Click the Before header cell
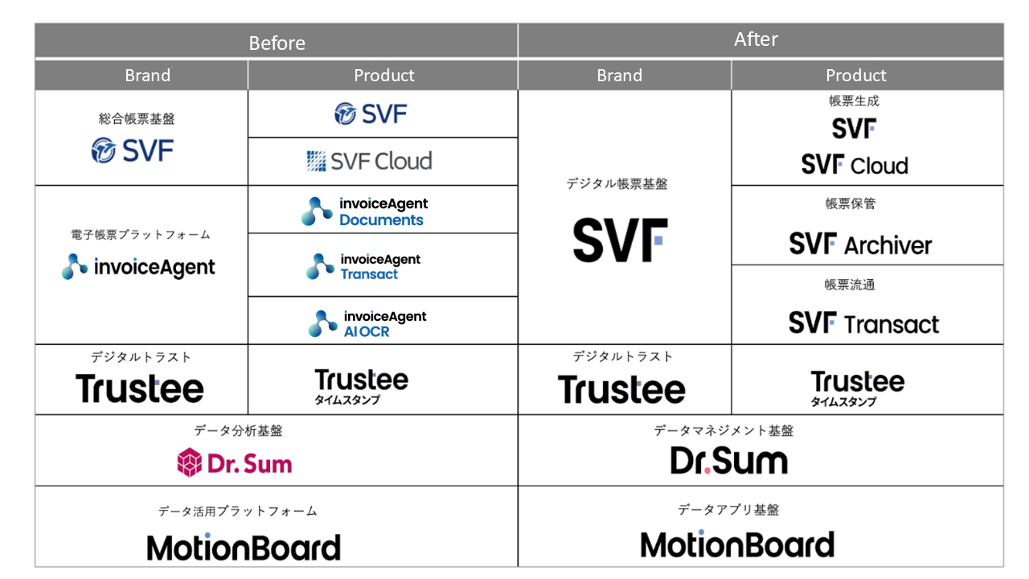(277, 41)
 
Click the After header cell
(760, 41)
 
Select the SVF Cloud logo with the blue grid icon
(369, 162)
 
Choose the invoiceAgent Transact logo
(363, 266)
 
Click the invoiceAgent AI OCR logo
(367, 323)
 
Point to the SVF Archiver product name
(860, 244)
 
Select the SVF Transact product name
(863, 323)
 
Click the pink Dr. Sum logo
(234, 462)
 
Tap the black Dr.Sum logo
(729, 461)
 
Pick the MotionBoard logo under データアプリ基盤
(737, 544)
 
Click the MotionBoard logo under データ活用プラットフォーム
(244, 547)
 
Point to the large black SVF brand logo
(620, 240)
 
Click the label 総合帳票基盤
(137, 119)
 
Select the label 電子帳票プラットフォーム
(141, 235)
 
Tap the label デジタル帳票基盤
(617, 184)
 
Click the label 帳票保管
(851, 203)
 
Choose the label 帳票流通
(850, 285)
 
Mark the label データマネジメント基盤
(724, 430)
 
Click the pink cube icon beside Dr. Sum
(189, 462)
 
